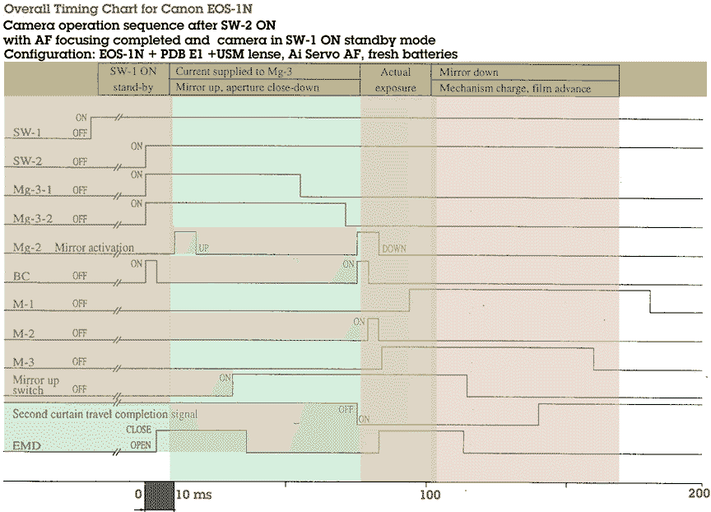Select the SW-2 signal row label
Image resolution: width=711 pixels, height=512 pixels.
(30, 161)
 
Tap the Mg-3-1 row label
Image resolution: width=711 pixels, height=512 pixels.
(33, 190)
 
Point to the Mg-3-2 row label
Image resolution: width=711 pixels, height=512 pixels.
(33, 218)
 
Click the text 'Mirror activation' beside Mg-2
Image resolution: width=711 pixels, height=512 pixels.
(95, 247)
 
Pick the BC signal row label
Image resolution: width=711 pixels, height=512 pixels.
(22, 276)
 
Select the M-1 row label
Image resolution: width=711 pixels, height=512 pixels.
(25, 305)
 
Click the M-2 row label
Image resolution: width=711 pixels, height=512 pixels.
(25, 333)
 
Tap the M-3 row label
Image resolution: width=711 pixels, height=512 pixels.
(25, 362)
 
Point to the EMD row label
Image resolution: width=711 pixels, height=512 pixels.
(27, 446)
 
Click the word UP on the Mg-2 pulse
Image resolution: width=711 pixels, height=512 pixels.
(202, 247)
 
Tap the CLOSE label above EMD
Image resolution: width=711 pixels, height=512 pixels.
(137, 429)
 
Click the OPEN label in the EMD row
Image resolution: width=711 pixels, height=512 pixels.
(139, 446)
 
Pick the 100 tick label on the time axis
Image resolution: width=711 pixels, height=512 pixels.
(429, 495)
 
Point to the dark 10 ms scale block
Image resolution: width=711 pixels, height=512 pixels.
(159, 496)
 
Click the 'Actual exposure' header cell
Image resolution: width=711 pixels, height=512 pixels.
(396, 80)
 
